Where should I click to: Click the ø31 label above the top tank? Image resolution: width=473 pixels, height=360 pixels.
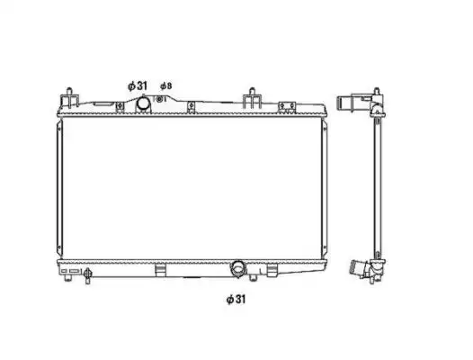pos(138,86)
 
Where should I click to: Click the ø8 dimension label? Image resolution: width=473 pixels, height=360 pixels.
pos(166,86)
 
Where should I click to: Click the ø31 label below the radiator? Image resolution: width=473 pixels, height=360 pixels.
pos(236,300)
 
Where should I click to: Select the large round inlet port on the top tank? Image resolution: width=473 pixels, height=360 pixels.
pos(143,103)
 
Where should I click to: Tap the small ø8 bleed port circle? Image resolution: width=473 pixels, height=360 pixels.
pos(160,99)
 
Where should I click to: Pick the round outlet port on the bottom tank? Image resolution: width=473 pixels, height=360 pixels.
pos(238,267)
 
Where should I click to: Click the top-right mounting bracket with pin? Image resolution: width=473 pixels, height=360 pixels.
pos(252,97)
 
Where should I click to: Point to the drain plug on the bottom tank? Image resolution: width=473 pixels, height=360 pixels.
pos(87,274)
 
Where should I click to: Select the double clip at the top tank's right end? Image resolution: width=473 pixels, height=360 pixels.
pos(287,106)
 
